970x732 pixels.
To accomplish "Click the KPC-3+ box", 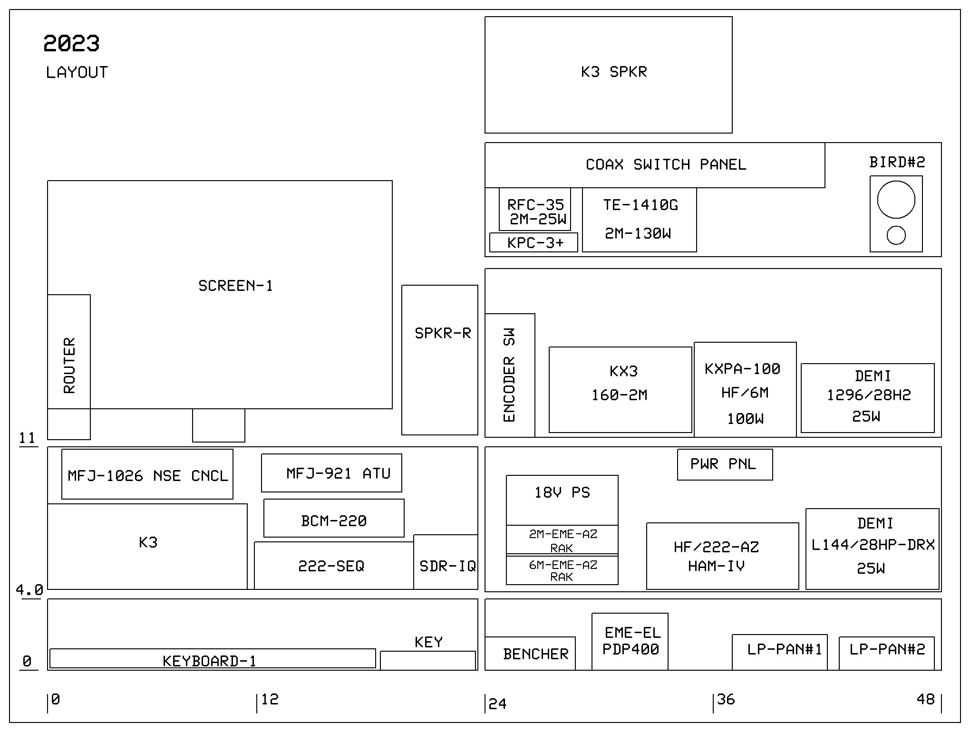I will coord(533,242).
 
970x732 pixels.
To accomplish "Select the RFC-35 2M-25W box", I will coord(535,210).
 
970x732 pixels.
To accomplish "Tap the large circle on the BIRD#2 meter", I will coord(896,200).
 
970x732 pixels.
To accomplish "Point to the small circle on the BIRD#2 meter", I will coord(896,235).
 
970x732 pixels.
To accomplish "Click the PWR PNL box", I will coord(725,464).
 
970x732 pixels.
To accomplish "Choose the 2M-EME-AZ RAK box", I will coord(562,540).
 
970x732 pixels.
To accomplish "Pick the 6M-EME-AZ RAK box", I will coord(562,570).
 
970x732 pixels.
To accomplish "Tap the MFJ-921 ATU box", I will coord(331,473).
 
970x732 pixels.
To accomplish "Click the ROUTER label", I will coord(69,365).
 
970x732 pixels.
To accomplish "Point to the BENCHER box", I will coord(530,654).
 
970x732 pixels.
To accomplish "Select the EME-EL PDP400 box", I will coord(630,641).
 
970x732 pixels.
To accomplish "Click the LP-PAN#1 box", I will coord(780,652).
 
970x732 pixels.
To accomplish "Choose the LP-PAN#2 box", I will coord(887,653).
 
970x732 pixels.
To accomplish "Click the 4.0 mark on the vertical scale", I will coord(29,590).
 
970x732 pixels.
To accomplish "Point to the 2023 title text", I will coord(71,44).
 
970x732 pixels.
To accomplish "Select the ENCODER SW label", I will coord(509,375).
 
